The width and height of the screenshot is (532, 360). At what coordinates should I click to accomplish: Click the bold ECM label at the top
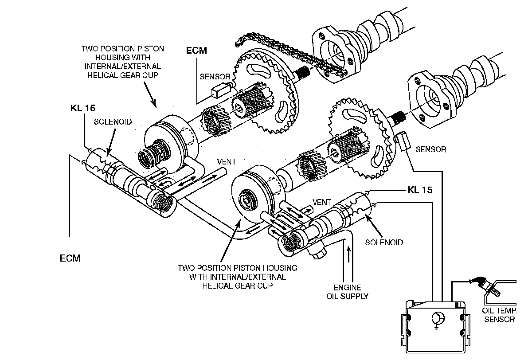coord(196,51)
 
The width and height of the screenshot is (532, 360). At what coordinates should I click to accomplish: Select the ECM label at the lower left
coord(70,258)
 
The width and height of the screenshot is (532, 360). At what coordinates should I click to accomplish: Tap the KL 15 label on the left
coord(83,108)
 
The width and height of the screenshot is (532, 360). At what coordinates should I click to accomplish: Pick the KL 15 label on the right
coord(420,190)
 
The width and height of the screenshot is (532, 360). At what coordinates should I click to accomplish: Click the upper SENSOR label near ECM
coord(215,77)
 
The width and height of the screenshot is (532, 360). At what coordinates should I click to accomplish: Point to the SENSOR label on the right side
coord(431,149)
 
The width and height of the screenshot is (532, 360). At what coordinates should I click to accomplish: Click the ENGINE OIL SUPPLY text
coord(347,292)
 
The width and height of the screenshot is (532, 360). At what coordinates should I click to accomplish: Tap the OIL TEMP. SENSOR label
coord(499,315)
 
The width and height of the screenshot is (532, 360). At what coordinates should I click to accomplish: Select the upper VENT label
coord(227,162)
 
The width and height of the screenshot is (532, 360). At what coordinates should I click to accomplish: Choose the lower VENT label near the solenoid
coord(321,202)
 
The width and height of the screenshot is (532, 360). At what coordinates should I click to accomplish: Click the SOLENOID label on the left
coord(113,122)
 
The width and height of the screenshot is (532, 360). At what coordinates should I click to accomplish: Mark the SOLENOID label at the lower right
coord(384,243)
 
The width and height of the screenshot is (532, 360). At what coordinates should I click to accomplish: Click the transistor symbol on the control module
coord(438,319)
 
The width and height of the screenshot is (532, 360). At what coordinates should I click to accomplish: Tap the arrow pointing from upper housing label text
coord(150,95)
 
